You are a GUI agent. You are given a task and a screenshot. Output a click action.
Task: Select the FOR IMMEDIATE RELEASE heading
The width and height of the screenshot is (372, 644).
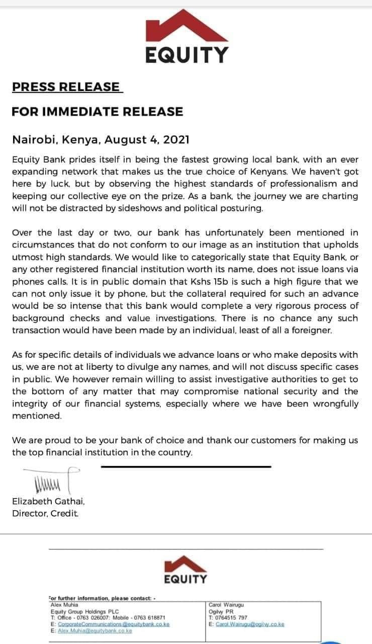click(x=97, y=111)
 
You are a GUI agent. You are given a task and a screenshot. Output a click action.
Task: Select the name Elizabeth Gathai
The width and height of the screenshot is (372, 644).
click(x=48, y=502)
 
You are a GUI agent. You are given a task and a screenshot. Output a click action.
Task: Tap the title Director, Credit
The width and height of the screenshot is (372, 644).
click(x=45, y=513)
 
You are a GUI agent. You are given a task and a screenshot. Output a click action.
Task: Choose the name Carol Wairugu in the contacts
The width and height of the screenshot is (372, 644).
click(x=226, y=605)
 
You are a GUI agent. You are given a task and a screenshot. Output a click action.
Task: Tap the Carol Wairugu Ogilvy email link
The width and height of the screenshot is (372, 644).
click(x=250, y=624)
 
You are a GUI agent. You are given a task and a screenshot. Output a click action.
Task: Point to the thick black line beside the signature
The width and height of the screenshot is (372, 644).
click(x=186, y=466)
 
